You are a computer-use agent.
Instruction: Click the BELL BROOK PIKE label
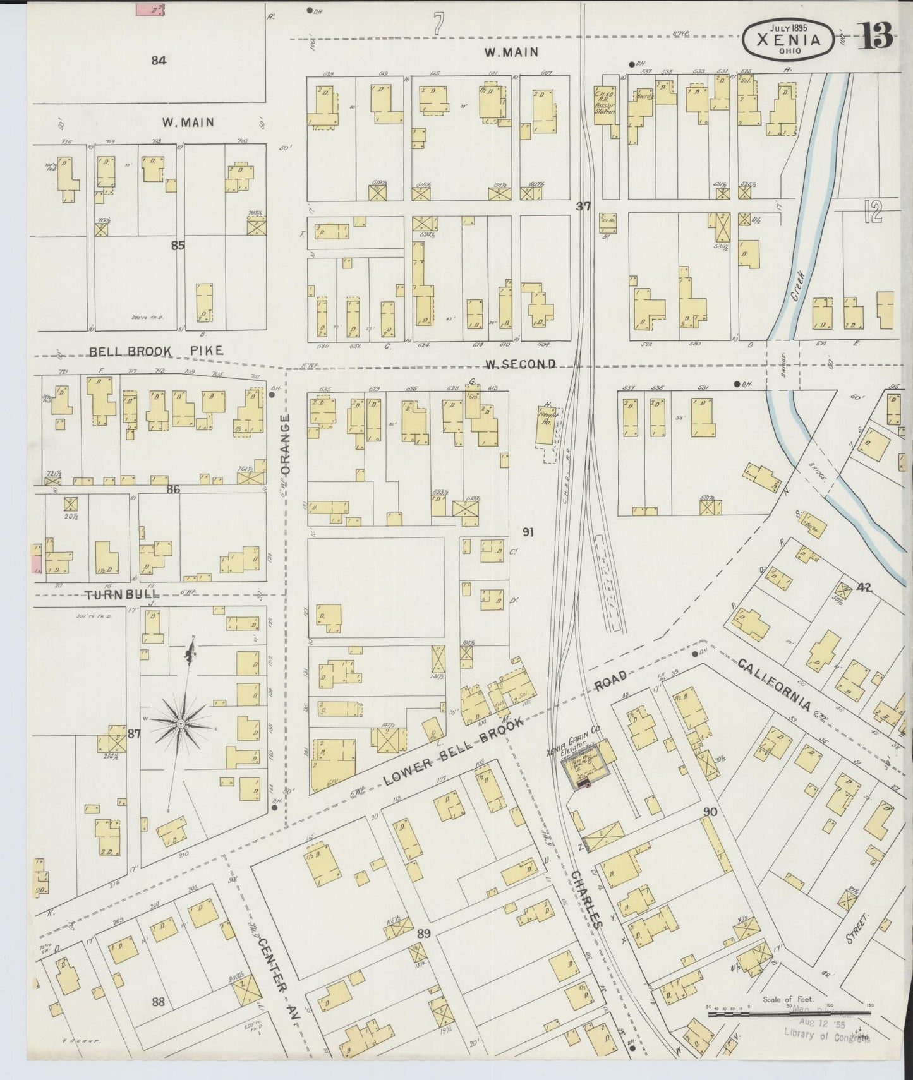tap(156, 351)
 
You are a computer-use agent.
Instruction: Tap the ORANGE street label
tap(285, 445)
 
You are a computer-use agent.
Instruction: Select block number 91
tap(528, 532)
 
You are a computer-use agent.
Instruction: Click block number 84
tap(159, 61)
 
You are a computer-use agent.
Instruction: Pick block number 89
tap(424, 933)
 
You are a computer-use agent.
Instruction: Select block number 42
tap(864, 587)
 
